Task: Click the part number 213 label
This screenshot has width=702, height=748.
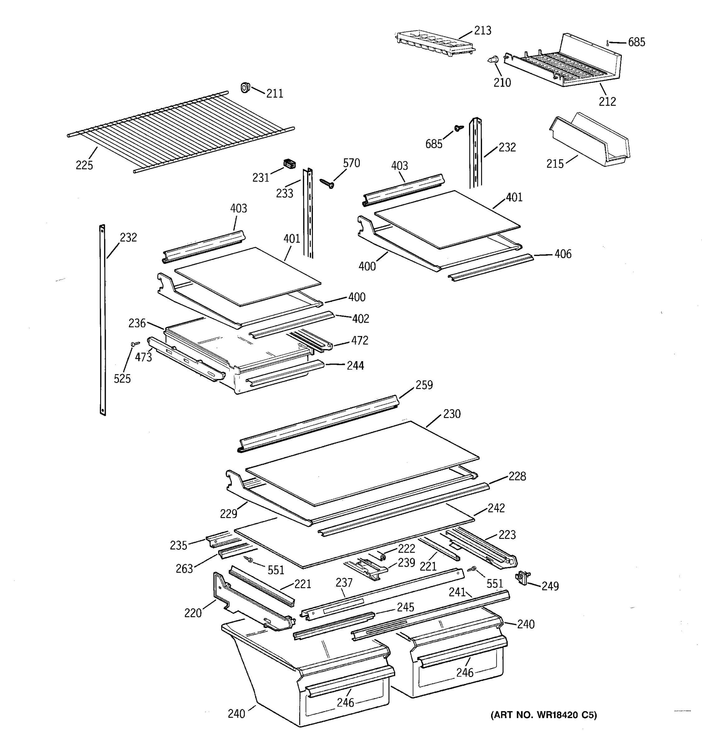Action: [482, 31]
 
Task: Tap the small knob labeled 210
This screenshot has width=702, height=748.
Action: [493, 60]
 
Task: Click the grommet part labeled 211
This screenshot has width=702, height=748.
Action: [246, 88]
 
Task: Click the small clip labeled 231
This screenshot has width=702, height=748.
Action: [289, 164]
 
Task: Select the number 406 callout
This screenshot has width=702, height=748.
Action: [563, 254]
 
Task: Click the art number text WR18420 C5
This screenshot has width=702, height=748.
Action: [544, 715]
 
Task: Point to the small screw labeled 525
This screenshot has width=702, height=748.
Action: [135, 343]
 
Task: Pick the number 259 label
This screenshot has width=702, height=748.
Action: [424, 385]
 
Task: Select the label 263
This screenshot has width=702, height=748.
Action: [184, 568]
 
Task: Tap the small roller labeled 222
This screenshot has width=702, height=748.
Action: [381, 556]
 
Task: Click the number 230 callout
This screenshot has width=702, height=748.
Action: [451, 414]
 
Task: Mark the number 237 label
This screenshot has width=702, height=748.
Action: [344, 583]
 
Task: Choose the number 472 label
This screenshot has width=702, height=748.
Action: [359, 341]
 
